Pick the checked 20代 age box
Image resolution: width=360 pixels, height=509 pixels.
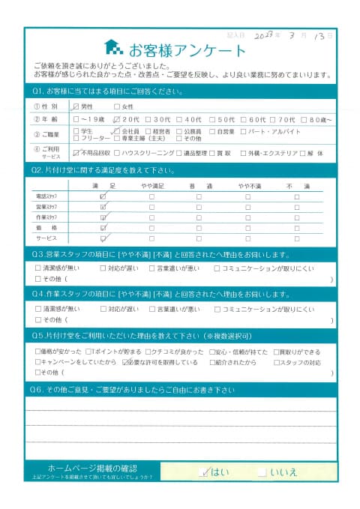(x=116, y=118)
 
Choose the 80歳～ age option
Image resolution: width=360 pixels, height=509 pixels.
(x=310, y=118)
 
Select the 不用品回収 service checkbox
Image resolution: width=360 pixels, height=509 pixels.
(x=76, y=153)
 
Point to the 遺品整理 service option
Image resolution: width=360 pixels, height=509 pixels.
(x=184, y=153)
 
